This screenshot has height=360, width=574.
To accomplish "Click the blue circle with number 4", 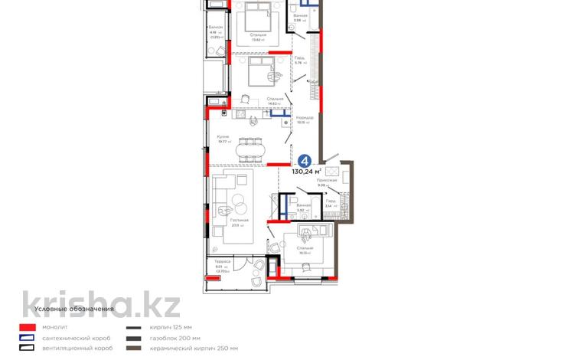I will [304, 161].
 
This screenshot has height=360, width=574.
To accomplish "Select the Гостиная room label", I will [236, 221].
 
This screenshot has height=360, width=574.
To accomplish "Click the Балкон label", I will [216, 27].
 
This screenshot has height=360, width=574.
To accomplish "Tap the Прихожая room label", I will [338, 180].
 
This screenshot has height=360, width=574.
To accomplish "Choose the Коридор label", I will [305, 117].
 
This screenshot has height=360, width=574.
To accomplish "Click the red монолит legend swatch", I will [28, 327].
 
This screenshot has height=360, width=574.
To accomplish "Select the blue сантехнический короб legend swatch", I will [28, 338].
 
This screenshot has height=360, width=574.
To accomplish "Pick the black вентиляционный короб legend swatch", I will [28, 349].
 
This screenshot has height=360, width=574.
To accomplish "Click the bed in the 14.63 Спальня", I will [263, 71].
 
